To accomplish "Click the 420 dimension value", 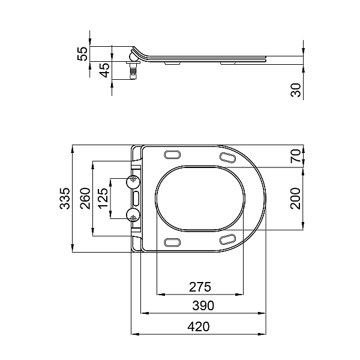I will [199, 327].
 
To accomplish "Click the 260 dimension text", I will [85, 198].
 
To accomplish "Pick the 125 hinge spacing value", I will [104, 198].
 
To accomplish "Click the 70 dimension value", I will [296, 157].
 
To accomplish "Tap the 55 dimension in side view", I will [84, 53].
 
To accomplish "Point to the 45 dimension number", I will [104, 70].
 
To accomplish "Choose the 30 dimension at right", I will [296, 90].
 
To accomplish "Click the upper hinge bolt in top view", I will [133, 180].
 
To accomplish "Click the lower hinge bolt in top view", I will [133, 214].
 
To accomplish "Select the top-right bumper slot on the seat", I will [229, 157].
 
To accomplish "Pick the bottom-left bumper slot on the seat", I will [172, 242].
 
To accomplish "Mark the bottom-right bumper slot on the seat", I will [229, 239].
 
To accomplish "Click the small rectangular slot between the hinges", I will [136, 197].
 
